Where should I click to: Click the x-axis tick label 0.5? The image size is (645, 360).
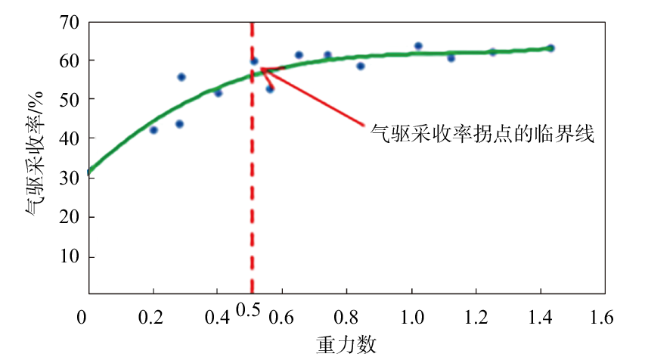point(248,310)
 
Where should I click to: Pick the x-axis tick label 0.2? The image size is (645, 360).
point(153,317)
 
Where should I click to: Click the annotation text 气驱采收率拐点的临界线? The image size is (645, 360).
point(483,135)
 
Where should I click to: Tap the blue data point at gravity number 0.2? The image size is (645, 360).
point(153,130)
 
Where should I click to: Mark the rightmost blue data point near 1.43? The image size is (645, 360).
point(550,48)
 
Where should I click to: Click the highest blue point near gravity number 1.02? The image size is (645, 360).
point(418,46)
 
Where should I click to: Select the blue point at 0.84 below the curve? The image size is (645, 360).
point(361,66)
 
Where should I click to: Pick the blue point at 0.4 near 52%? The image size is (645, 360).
point(218,92)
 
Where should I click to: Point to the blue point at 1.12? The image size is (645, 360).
point(451,57)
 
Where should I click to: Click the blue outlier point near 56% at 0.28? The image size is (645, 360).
point(181,77)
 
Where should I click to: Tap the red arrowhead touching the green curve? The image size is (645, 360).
point(263,70)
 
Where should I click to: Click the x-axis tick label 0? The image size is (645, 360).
point(82,317)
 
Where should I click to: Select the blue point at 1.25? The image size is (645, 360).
point(492,52)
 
